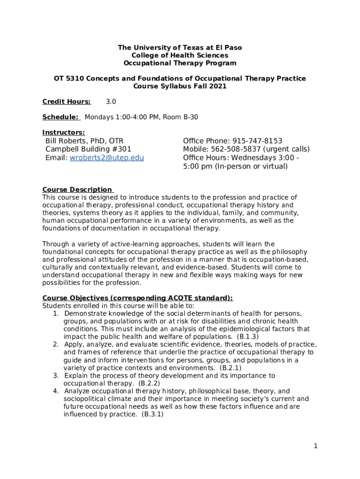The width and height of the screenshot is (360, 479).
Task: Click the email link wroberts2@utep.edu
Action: tap(107, 158)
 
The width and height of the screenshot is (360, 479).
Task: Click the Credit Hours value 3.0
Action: tap(111, 102)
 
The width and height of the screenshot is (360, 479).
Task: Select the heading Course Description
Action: tap(77, 189)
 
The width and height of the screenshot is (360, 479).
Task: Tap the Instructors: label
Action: tap(64, 132)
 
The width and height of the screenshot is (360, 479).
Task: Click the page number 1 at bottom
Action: tap(316, 446)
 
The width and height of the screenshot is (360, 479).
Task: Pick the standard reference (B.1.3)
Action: tap(248, 336)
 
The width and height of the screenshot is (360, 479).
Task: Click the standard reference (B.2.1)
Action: tap(230, 368)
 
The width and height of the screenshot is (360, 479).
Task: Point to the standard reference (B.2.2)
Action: tap(149, 383)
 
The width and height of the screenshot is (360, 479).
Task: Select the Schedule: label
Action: tap(60, 117)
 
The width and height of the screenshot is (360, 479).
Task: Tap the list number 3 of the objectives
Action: tap(55, 376)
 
